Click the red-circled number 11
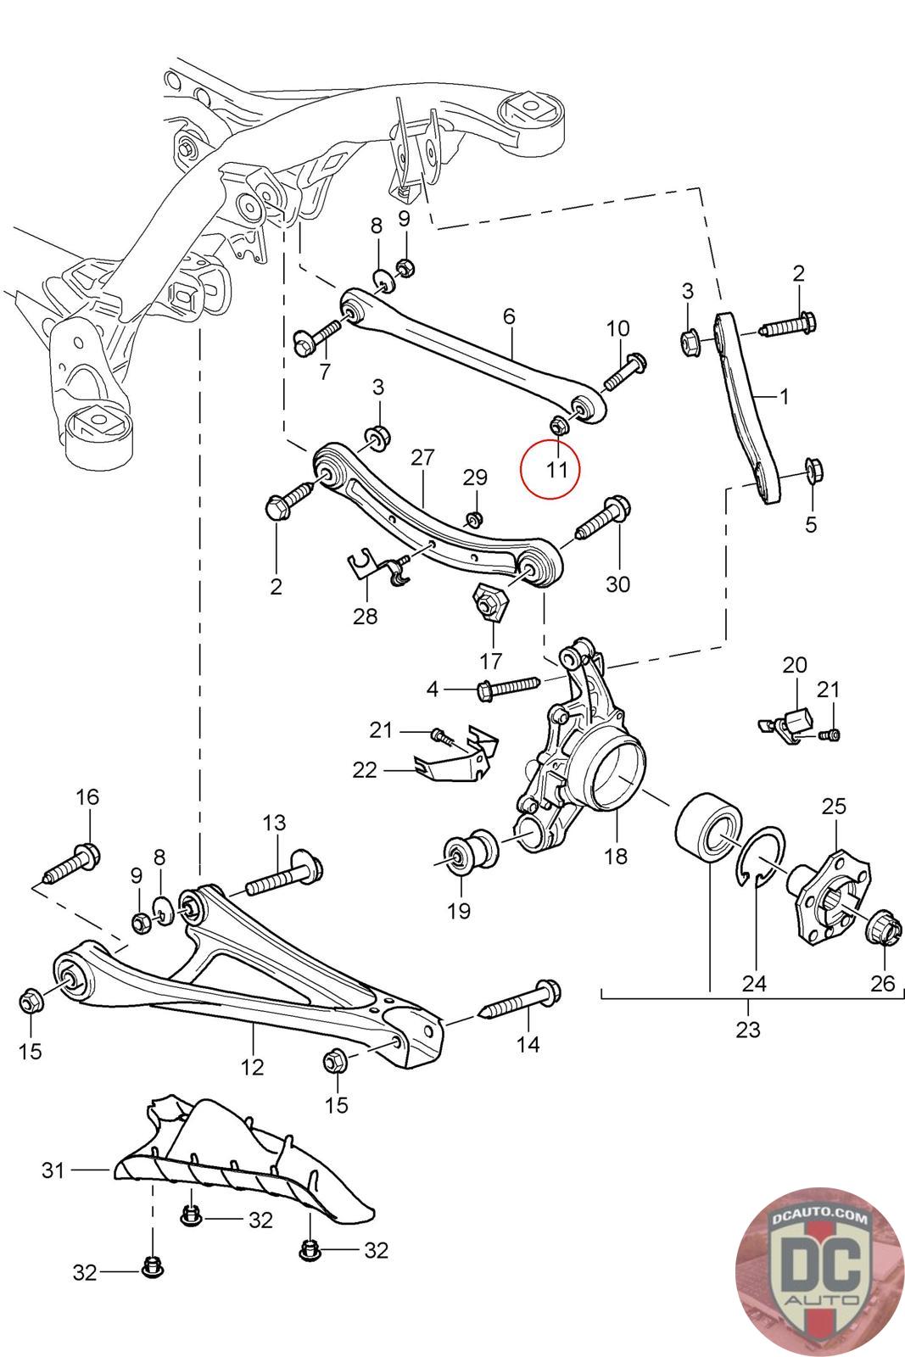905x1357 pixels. [x=556, y=469]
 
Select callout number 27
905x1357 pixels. [x=422, y=457]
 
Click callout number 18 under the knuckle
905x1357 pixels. [x=616, y=856]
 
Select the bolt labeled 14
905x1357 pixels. [x=521, y=1000]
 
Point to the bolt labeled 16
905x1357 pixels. [x=72, y=864]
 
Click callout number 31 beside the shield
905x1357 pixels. [x=53, y=1170]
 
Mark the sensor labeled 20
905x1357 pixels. [x=787, y=723]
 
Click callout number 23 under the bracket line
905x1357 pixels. [x=747, y=1030]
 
